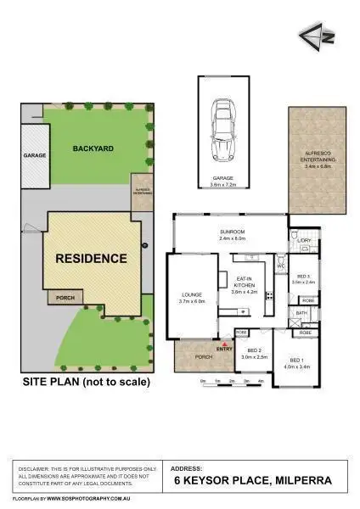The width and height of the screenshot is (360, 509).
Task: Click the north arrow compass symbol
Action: click(312, 36)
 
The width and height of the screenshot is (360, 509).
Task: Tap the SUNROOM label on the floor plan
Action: click(232, 232)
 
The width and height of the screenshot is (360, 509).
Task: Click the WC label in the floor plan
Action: click(280, 266)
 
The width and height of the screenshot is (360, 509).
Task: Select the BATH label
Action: click(301, 313)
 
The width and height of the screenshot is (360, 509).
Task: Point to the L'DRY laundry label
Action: click(304, 241)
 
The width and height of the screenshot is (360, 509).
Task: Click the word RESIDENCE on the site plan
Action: click(91, 258)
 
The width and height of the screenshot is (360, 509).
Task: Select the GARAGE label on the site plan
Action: click(34, 157)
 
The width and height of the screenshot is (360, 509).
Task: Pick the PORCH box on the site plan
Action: click(65, 298)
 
